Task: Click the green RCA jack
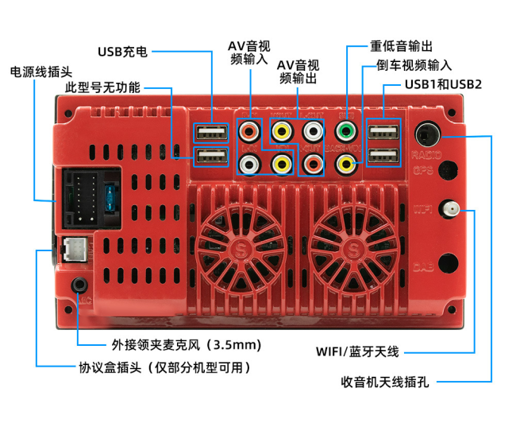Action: pos(345,130)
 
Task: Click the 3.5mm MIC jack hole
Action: pos(79,285)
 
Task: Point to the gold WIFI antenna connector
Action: pos(451,210)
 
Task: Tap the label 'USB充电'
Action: pos(122,52)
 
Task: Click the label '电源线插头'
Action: pos(36,72)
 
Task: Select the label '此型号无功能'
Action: pos(102,87)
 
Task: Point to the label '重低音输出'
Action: pos(402,46)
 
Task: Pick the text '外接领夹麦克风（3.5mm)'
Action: pos(186,345)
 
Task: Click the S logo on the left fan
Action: pos(241,247)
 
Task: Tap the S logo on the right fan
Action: pos(352,247)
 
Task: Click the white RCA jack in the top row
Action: pos(314,130)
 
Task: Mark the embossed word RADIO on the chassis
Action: pos(426,153)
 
